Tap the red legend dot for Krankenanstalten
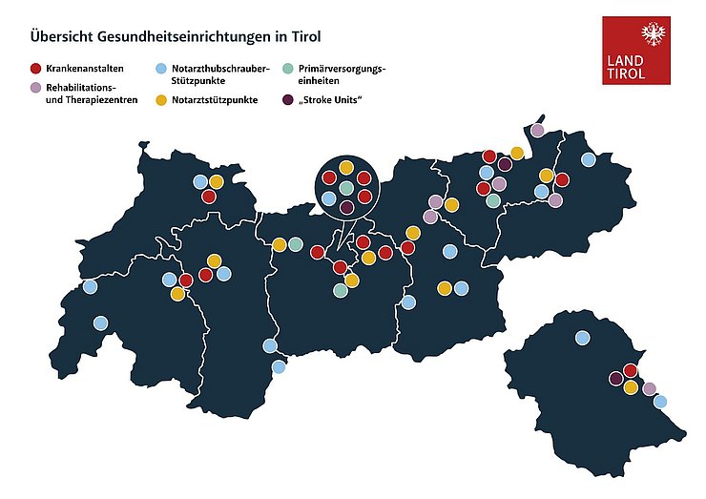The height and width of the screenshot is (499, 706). click(35, 69)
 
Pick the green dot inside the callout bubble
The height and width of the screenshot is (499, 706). click(346, 189)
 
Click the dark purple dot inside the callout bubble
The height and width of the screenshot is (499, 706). click(346, 207)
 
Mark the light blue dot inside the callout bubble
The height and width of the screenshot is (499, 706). click(329, 198)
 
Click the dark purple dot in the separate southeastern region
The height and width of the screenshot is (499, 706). click(615, 379)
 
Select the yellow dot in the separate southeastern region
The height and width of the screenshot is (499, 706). click(630, 387)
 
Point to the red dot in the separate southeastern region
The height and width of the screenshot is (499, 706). click(630, 370)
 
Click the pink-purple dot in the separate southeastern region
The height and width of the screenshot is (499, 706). click(650, 388)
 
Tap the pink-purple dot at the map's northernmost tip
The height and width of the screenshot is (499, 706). click(537, 130)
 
